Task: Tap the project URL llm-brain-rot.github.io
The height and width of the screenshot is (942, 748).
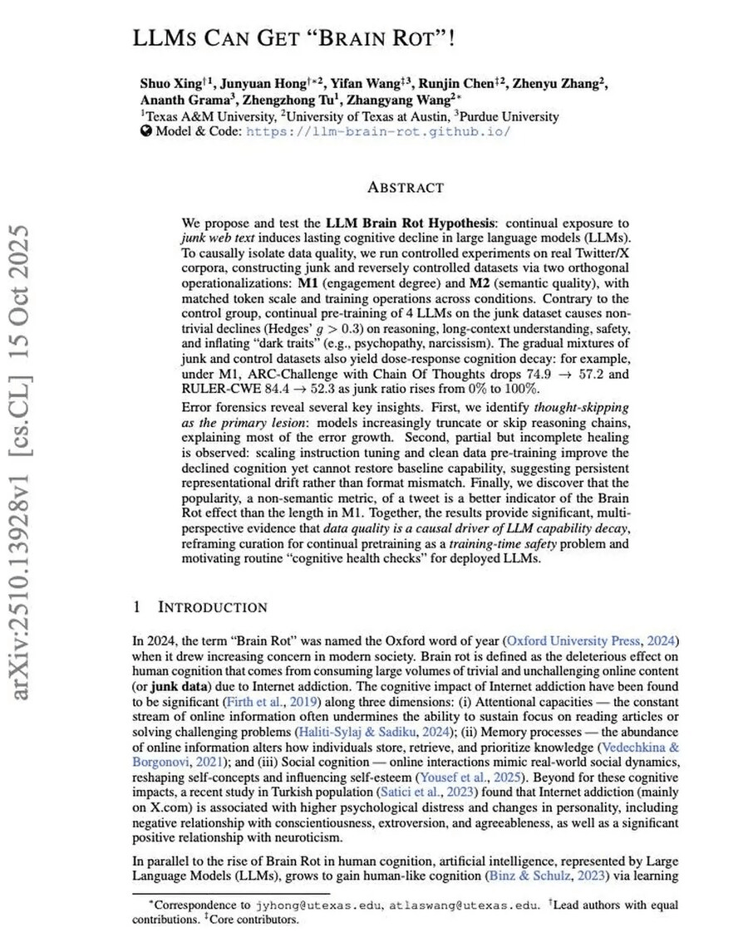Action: (379, 131)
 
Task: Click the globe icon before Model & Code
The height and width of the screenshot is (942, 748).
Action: (146, 131)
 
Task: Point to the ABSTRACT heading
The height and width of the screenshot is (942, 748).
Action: (406, 188)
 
